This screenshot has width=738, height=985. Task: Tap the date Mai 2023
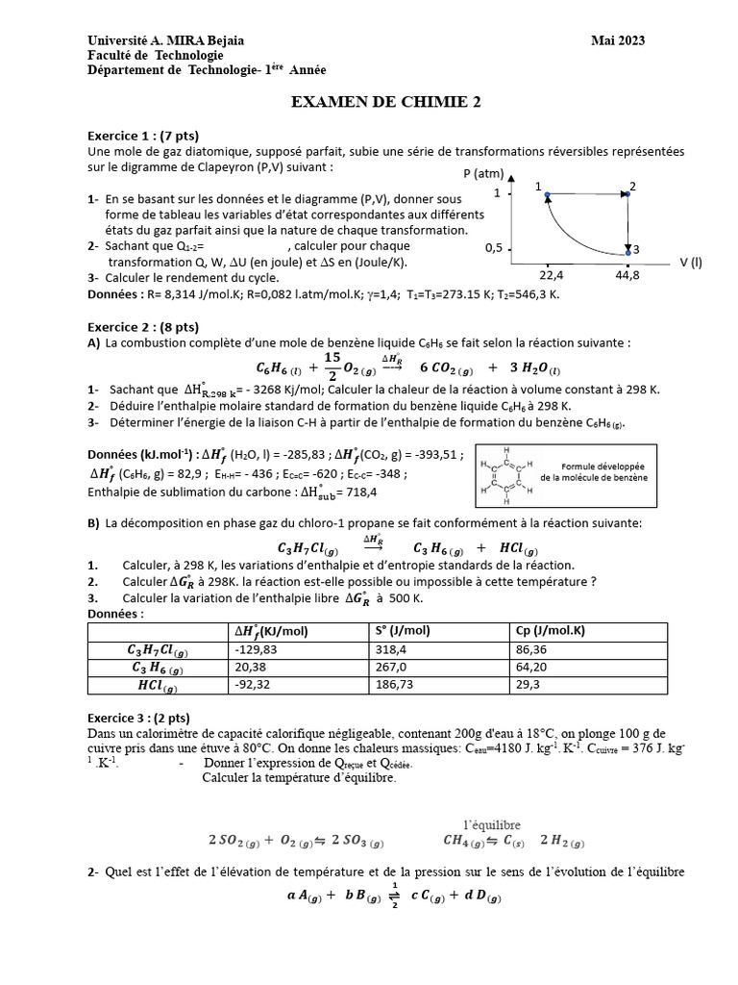coord(618,40)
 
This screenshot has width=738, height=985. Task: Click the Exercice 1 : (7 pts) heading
coord(143,136)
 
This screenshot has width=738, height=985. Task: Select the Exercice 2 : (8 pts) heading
coord(143,326)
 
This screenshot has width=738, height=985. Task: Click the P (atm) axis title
coord(483,174)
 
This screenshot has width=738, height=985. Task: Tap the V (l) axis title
coord(691,261)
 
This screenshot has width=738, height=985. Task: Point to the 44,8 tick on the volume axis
coord(627,275)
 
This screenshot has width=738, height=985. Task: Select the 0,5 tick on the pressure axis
coord(494,248)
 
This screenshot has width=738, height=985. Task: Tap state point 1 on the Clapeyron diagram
coord(546,195)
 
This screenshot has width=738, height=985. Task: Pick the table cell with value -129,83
coord(256,649)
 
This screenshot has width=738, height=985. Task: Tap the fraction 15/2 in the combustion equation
coord(332,366)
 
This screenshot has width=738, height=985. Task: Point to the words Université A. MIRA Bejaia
coord(165,40)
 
